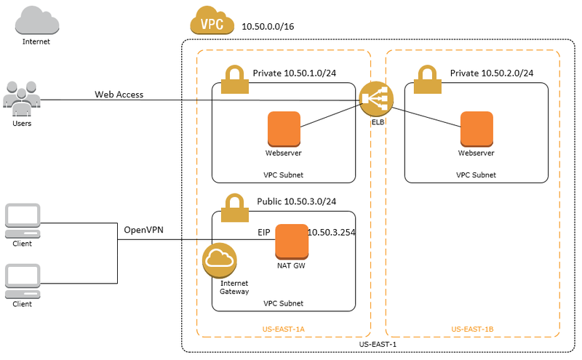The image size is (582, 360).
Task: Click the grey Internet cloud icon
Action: coord(36,20)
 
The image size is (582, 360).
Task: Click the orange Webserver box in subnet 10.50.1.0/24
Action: coord(284,129)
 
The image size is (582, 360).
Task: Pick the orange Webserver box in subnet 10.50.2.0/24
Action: coord(477,129)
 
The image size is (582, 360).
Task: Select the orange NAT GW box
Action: coord(292,241)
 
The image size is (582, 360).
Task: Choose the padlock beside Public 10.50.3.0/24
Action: coord(234,204)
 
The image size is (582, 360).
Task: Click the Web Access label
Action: coord(119,95)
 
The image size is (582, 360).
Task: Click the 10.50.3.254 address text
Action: coord(332,232)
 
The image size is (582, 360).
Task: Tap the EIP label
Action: coord(264,232)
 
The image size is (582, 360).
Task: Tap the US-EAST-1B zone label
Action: coord(473,329)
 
